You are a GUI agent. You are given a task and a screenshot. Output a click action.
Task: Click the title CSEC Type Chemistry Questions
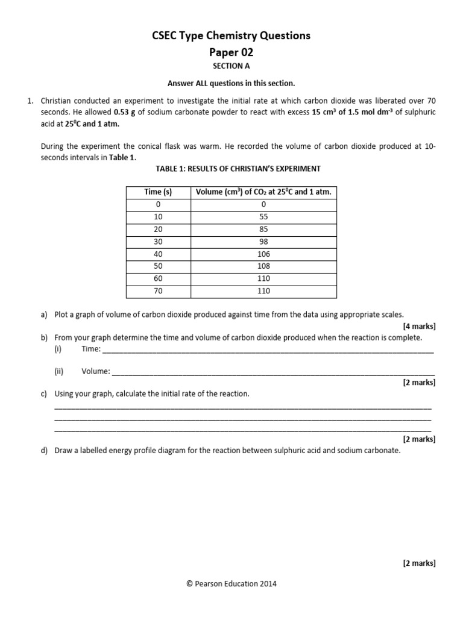[x=231, y=36]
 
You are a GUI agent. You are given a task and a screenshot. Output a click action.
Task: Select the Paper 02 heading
[x=231, y=52]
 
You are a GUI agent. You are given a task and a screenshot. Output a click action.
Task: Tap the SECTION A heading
[x=231, y=66]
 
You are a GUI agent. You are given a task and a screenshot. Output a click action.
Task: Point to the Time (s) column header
[x=158, y=192]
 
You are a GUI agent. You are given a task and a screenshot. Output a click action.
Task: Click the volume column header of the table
[x=263, y=192]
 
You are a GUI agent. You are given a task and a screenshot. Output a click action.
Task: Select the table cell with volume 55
[x=263, y=217]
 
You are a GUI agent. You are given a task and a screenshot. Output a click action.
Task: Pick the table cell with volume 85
[x=263, y=230]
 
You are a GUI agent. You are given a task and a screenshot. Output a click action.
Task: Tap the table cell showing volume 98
[x=263, y=242]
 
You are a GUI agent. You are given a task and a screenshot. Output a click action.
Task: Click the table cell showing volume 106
[x=263, y=254]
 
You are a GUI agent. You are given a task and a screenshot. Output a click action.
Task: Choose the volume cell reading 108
[x=263, y=266]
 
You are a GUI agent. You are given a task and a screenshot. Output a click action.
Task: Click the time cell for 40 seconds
[x=158, y=254]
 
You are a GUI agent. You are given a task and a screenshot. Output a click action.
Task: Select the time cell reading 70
[x=158, y=291]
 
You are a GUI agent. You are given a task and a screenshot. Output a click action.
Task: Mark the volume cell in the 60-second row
[x=263, y=279]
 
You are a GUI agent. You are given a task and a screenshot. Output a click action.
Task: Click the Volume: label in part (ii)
[x=96, y=372]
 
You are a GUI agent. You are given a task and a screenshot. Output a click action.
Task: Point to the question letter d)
[x=44, y=450]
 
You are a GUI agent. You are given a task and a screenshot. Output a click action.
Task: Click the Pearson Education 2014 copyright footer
[x=231, y=583]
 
